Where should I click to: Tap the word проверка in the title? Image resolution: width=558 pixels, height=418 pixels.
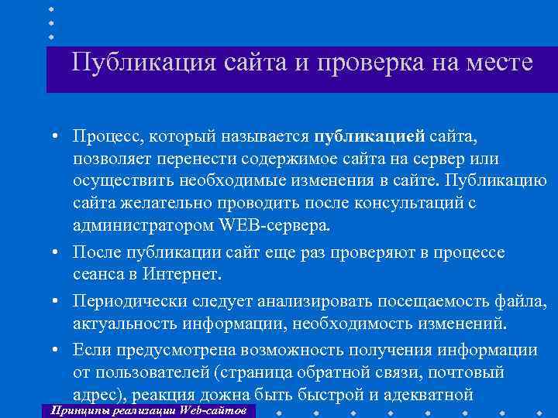coord(351,62)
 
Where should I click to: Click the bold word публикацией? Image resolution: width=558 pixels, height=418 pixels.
coord(369,137)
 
